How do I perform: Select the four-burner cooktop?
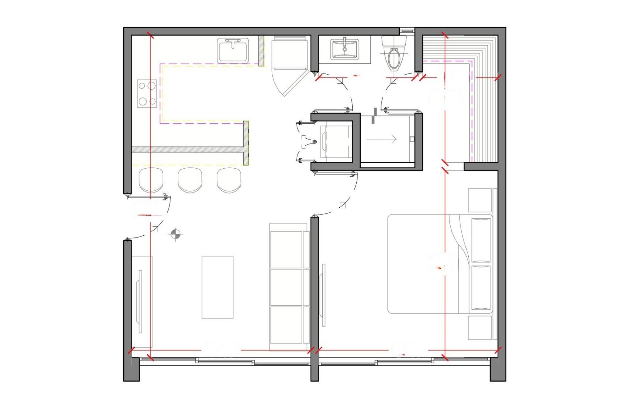[x=147, y=93]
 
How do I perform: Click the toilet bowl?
[x=394, y=58]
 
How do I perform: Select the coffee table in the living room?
[x=217, y=287]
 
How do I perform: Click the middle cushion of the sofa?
[x=286, y=287]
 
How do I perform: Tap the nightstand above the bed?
[x=480, y=200]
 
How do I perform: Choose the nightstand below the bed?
[x=480, y=328]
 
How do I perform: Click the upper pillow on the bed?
[x=481, y=240]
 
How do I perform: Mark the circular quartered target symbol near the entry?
[x=175, y=234]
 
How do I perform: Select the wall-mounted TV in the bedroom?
[x=323, y=295]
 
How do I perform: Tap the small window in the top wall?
[x=407, y=31]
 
